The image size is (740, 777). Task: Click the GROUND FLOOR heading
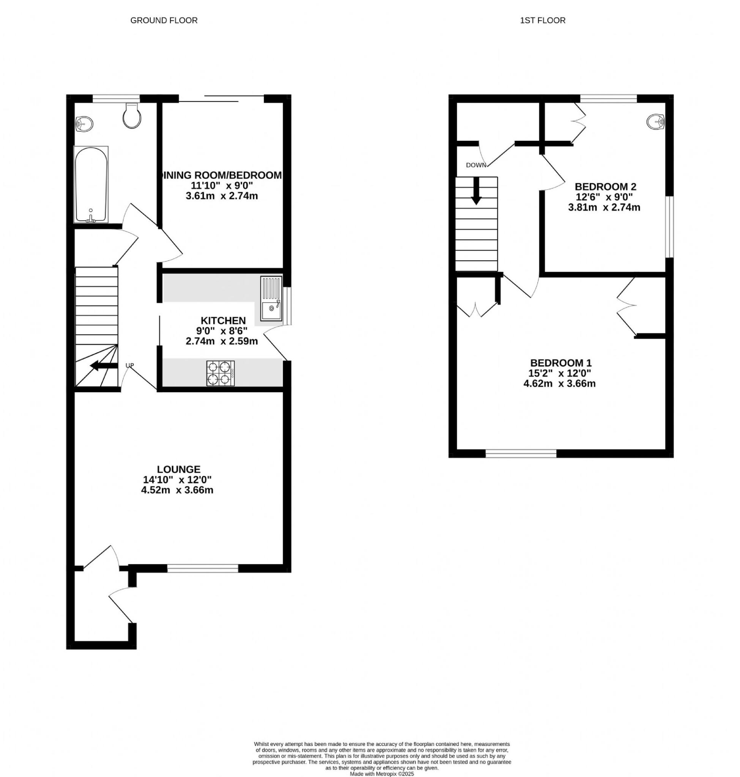(164, 20)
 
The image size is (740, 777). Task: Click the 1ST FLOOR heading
(542, 20)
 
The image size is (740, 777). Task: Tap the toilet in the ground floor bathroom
(131, 116)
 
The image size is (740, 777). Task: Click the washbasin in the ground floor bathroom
(84, 124)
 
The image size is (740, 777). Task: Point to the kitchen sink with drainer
(271, 299)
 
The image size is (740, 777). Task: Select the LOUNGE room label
(179, 469)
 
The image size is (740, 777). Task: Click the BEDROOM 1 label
(561, 363)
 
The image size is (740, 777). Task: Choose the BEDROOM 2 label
(605, 187)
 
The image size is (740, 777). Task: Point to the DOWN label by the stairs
(476, 165)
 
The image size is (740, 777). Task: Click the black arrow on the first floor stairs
(477, 191)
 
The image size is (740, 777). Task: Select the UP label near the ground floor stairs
(130, 365)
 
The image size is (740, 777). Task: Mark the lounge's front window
(203, 568)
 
